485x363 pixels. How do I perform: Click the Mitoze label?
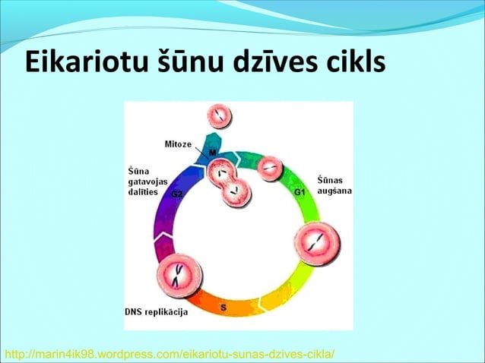tap(179, 144)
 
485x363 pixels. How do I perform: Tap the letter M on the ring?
tap(213, 153)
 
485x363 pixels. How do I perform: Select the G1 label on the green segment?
tap(300, 193)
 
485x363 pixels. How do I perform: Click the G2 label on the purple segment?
tap(176, 194)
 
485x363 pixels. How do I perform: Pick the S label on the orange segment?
tap(223, 307)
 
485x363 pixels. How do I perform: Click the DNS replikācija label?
tap(157, 312)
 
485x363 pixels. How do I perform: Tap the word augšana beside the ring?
tap(334, 193)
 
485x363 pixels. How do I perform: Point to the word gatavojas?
tap(147, 181)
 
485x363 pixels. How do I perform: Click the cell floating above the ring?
tap(219, 116)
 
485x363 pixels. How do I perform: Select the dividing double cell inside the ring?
tap(229, 185)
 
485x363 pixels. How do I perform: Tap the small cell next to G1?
tap(270, 168)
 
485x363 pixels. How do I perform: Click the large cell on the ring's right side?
tap(316, 244)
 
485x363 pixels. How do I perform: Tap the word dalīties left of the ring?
tap(143, 193)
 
